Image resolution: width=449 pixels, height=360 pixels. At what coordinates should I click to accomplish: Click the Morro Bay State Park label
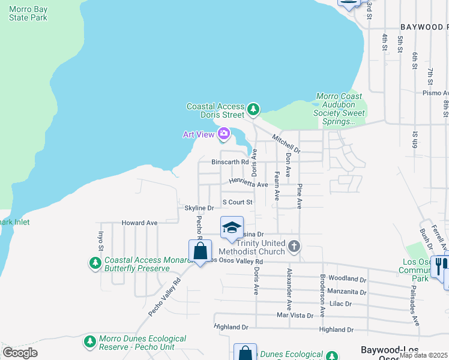[28, 13]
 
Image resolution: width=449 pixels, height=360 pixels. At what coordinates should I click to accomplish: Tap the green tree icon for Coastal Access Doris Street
[253, 109]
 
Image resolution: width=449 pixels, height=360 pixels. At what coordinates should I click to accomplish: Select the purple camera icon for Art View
[224, 133]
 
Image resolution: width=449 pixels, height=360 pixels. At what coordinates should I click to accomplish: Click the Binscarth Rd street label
[230, 162]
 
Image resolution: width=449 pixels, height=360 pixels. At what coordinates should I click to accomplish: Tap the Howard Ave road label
[139, 223]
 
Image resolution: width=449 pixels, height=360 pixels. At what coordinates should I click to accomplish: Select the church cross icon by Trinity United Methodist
[294, 245]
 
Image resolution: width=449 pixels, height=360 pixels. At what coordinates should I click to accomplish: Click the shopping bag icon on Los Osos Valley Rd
[200, 251]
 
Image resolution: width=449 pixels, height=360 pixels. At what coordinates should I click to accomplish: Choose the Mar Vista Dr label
[294, 316]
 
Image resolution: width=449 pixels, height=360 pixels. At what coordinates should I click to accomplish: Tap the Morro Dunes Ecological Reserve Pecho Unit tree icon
[90, 341]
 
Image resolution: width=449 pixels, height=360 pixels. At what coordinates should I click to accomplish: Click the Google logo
[20, 353]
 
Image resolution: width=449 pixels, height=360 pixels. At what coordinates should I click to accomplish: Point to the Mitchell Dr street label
[286, 142]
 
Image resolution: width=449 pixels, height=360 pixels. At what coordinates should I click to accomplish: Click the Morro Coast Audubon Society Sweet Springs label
[339, 109]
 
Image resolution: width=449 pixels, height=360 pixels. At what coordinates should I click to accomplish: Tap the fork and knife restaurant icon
[439, 265]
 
